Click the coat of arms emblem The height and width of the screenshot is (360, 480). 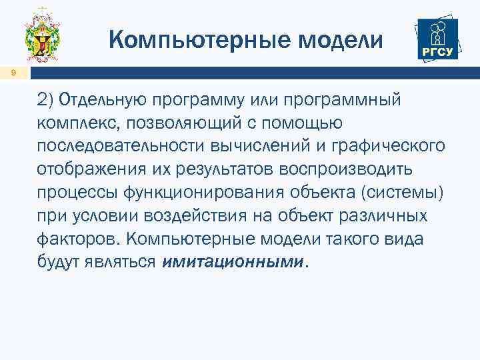tap(43, 38)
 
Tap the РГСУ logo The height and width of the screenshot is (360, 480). tap(436, 39)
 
